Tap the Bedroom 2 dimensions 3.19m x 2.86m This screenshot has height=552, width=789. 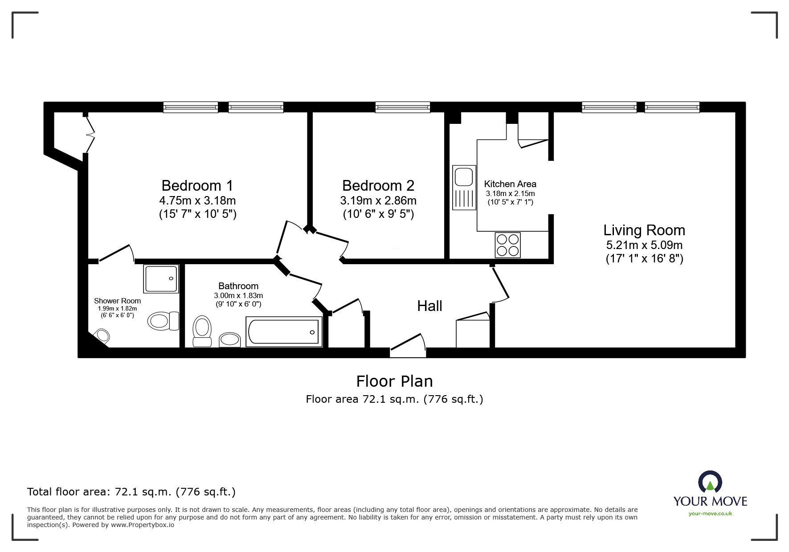click(378, 200)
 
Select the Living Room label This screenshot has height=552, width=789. click(644, 230)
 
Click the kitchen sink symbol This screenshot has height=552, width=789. click(464, 187)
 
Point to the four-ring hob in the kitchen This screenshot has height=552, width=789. click(507, 245)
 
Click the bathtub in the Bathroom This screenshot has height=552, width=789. click(284, 332)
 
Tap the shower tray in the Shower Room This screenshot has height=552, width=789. click(161, 278)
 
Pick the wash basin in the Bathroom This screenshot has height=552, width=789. click(230, 340)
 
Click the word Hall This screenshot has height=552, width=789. click(429, 306)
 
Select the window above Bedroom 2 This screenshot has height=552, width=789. click(402, 107)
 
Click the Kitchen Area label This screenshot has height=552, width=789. click(510, 184)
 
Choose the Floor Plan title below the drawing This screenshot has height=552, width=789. click(394, 381)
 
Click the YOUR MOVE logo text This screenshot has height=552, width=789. click(710, 501)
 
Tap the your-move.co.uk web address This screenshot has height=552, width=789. click(710, 514)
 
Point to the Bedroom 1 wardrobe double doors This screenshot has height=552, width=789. click(90, 134)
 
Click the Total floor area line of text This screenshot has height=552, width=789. click(131, 492)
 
